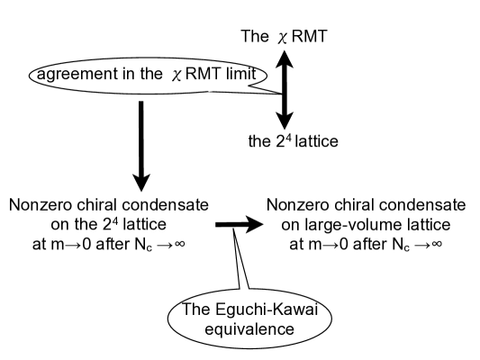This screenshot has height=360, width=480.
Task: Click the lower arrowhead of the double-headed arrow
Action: (285, 122)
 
